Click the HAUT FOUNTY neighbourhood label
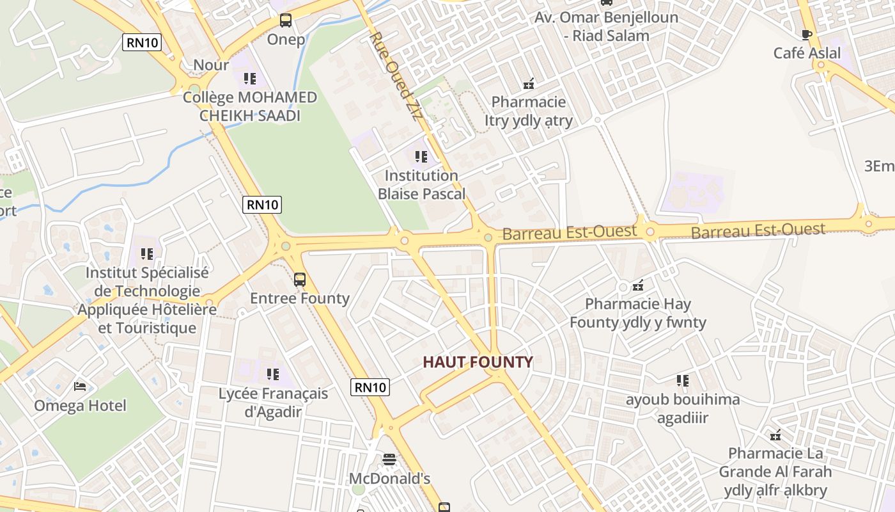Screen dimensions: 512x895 (x=478, y=362)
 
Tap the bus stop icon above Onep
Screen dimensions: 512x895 (x=286, y=20)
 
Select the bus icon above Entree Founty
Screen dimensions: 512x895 (x=299, y=280)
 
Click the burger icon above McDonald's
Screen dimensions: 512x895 (x=389, y=460)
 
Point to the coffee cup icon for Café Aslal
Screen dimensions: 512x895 (x=807, y=34)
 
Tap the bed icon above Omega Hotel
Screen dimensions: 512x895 (x=80, y=387)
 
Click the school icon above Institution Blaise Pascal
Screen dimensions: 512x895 (x=421, y=156)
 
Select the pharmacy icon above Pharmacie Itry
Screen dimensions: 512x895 (x=529, y=83)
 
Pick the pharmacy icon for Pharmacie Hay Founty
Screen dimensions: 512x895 (x=637, y=285)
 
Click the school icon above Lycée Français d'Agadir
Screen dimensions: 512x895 (x=273, y=374)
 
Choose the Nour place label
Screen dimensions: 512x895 (x=211, y=65)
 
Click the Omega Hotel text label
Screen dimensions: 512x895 (x=80, y=406)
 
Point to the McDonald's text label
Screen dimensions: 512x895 (x=389, y=479)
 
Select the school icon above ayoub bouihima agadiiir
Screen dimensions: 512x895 (x=683, y=381)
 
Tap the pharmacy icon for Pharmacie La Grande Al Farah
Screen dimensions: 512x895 (x=775, y=435)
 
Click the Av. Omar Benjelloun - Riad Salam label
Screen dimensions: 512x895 (x=607, y=26)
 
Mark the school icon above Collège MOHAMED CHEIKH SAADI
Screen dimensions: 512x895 (x=249, y=79)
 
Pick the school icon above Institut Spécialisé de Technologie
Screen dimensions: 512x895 (x=147, y=254)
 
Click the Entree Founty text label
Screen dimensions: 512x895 (x=300, y=298)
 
